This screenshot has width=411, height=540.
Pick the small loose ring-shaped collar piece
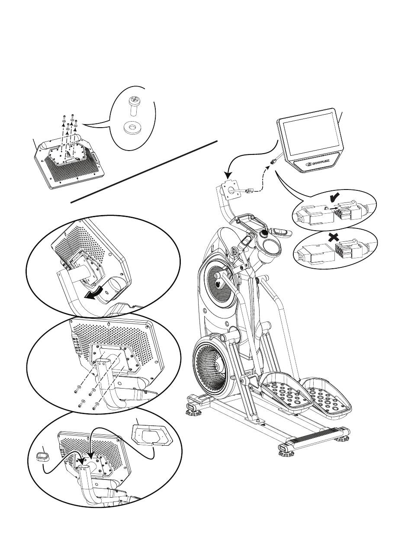click(x=42, y=458)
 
